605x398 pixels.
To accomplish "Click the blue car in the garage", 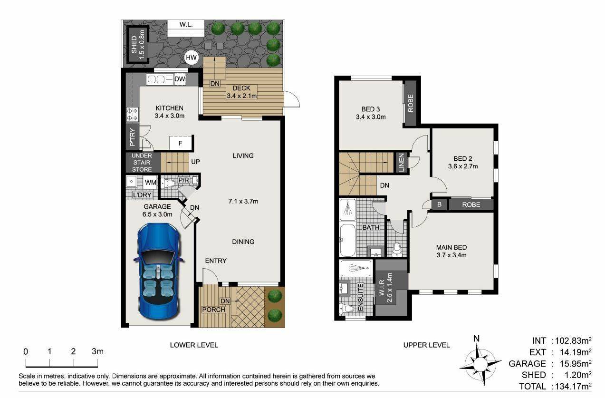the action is [159, 271].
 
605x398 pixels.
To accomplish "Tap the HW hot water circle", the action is [191, 58].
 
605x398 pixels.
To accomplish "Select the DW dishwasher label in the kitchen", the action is [180, 79].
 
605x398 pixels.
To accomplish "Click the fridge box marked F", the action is [181, 143].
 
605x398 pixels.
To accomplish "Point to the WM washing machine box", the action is [150, 183].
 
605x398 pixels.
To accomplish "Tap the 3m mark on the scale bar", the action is [97, 351].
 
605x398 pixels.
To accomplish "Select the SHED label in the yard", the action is [134, 45].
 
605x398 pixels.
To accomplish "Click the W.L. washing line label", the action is [186, 25].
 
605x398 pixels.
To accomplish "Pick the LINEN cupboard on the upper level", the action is [401, 163].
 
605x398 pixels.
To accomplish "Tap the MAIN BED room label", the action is [451, 247].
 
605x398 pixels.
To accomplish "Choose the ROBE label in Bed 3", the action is [411, 103].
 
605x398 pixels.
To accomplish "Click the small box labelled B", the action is [439, 204].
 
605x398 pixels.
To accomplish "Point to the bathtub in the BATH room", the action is [347, 240].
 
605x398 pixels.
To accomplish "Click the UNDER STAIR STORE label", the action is [142, 163].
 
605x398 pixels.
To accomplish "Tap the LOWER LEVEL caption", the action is [194, 345].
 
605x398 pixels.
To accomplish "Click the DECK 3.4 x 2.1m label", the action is [241, 92].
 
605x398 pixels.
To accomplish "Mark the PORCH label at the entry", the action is [214, 310].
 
